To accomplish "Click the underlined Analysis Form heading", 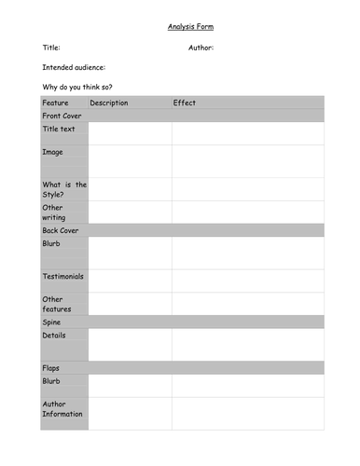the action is pos(190,26).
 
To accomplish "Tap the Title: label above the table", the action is pos(51,47).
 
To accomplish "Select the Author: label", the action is pos(201,47).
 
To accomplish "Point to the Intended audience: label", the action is pos(74,67).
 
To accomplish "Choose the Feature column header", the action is pos(56,103).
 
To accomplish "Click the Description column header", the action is pos(109,103).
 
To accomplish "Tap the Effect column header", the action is pos(185,103).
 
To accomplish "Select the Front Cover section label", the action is pos(62,116).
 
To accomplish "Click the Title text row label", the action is pos(59,129).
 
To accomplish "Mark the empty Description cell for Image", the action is pos(130,160).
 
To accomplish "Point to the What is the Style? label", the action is pos(64,189).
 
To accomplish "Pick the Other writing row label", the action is pos(54,212).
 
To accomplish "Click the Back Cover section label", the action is pos(61,229).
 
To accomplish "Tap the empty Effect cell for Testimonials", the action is pos(247,281).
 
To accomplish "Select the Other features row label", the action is pos(57,304).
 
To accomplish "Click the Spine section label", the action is pos(52,322).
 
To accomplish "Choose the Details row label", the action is pos(54,335).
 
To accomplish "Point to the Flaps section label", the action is pos(51,368).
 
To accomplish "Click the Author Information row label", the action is pos(62,408).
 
